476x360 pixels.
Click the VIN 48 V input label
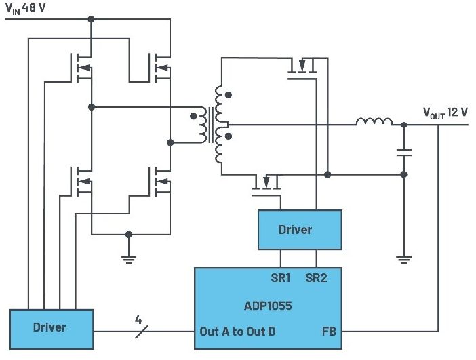coord(26,8)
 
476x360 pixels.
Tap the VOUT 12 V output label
coord(445,113)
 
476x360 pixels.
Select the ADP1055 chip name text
coord(268,306)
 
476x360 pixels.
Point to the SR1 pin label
coord(281,278)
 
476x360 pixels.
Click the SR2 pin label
coord(317,278)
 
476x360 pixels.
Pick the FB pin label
coord(329,332)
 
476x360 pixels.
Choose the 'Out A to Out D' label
coord(237,332)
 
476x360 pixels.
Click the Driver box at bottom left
coord(52,329)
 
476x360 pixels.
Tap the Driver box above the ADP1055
coord(300,230)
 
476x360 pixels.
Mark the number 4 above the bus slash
coord(138,320)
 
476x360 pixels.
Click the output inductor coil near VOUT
coord(374,121)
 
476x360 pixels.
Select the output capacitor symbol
coord(403,153)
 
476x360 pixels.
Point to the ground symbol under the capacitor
coord(403,260)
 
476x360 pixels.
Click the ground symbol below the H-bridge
coord(129,260)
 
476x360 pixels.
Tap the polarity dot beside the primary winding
coord(193,116)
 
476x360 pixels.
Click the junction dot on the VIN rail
coord(91,19)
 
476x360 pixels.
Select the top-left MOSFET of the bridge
coord(81,68)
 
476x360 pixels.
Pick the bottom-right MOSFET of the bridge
coord(159,182)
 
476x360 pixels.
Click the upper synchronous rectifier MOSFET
coord(302,68)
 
